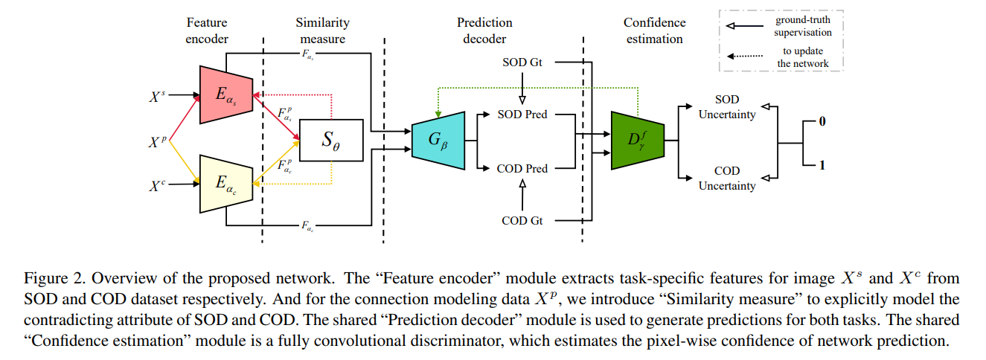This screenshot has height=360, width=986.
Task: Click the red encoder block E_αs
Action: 225,94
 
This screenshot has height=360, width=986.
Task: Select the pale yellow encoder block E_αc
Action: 225,183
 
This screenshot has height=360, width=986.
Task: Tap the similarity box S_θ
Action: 330,139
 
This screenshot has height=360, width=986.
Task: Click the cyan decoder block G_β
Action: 437,138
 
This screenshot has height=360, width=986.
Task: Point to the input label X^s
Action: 158,94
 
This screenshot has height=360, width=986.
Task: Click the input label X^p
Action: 158,139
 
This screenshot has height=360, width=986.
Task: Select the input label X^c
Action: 158,183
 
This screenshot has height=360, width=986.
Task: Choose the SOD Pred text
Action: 522,115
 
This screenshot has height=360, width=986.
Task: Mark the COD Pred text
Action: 522,169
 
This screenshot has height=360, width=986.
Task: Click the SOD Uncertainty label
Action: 726,107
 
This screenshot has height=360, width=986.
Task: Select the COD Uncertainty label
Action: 726,179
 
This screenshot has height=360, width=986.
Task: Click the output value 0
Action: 822,120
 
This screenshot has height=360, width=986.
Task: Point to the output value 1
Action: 822,165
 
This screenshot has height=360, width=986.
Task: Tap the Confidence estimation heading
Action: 654,30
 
